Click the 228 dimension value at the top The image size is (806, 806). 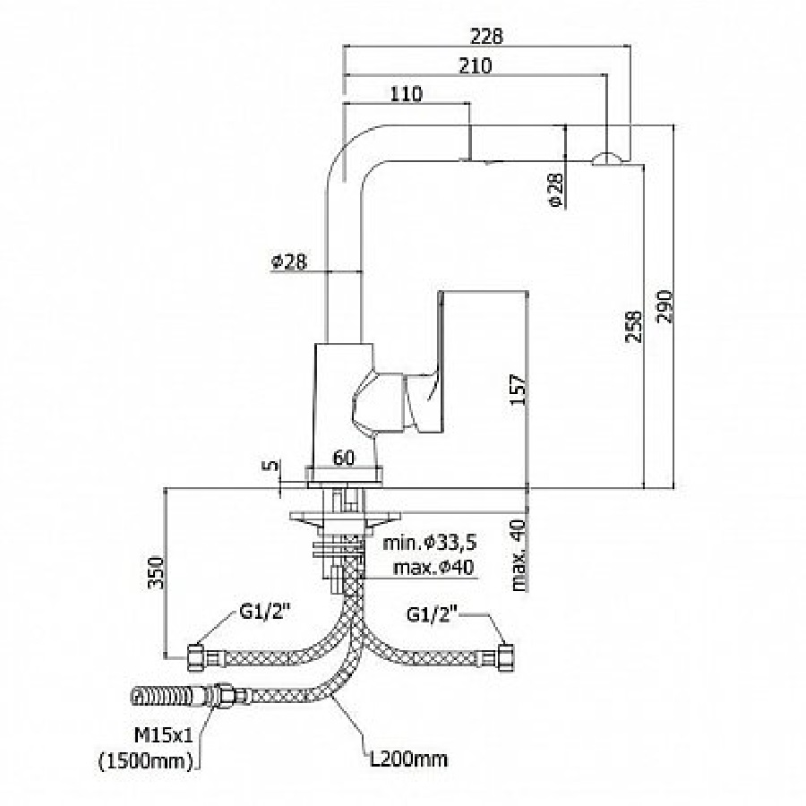point(487,36)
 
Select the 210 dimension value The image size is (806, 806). point(475,65)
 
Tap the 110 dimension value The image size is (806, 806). point(406,94)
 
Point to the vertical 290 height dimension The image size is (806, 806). point(665,307)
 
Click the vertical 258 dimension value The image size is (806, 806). point(634,326)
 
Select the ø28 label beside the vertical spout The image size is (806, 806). point(289,262)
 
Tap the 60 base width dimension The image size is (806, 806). point(343,458)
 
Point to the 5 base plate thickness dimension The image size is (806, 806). point(272,465)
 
